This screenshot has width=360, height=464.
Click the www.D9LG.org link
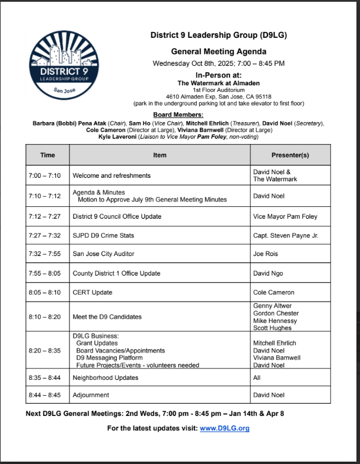(224, 428)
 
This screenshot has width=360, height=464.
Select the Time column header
(47, 155)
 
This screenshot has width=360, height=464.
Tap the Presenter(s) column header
(290, 155)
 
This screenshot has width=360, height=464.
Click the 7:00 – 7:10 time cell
(44, 175)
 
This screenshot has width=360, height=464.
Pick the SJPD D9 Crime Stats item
(103, 235)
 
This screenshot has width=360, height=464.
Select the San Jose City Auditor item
(103, 254)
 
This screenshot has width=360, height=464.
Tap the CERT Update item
(93, 292)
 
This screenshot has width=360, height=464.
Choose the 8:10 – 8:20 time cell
(44, 317)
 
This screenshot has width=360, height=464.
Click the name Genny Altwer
(272, 306)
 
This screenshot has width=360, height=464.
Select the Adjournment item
(91, 395)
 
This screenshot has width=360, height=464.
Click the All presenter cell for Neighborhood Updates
(257, 377)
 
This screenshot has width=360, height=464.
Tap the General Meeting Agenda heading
(218, 52)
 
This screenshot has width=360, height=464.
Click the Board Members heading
(178, 114)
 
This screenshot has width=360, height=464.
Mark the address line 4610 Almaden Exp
(218, 96)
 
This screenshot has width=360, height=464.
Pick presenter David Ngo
(268, 273)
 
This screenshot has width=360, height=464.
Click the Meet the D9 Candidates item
(107, 317)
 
